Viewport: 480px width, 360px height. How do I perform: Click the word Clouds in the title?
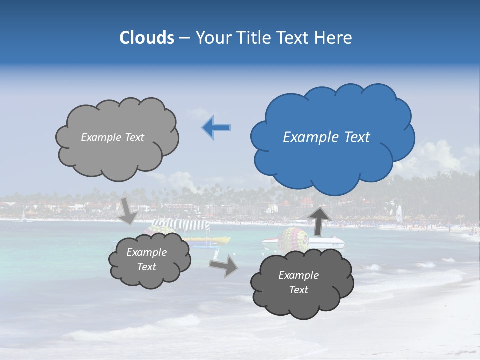(x=147, y=38)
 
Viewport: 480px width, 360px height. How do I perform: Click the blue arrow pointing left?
(x=216, y=128)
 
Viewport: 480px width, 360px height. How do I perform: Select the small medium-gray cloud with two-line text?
(x=149, y=260)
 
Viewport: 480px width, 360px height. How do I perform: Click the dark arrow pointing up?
(x=319, y=220)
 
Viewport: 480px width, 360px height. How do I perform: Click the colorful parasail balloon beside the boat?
(x=293, y=240)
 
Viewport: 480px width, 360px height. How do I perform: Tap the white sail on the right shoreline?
(x=399, y=214)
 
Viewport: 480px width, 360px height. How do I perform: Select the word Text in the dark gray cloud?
(x=298, y=290)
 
